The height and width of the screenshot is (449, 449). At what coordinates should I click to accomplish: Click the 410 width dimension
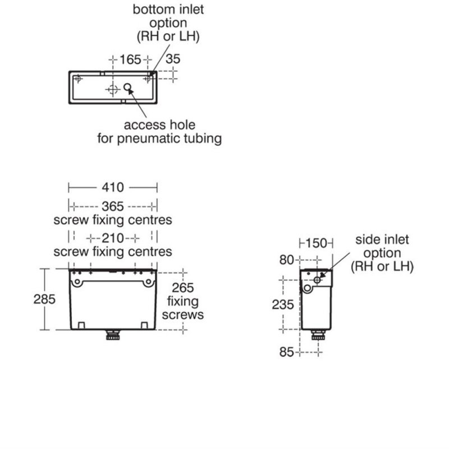(113, 187)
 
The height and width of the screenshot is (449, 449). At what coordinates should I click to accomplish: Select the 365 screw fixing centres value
(113, 207)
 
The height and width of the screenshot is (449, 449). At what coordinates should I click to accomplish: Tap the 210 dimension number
(113, 238)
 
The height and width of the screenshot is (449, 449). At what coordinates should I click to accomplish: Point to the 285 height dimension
(44, 300)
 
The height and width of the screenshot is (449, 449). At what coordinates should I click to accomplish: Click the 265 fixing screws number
(183, 288)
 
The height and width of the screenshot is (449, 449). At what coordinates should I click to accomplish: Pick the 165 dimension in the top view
(130, 59)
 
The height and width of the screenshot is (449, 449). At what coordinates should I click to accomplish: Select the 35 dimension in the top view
(173, 59)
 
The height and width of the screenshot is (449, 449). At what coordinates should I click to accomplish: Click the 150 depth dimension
(316, 244)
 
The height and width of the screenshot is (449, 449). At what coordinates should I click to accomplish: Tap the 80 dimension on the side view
(287, 260)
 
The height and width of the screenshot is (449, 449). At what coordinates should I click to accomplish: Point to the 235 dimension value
(283, 305)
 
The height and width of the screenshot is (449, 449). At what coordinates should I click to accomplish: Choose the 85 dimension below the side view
(287, 352)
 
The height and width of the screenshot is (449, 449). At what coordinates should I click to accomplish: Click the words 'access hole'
(159, 125)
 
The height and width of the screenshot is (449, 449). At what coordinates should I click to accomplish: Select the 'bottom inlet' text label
(168, 10)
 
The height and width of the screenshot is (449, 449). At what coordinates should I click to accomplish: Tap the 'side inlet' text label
(382, 240)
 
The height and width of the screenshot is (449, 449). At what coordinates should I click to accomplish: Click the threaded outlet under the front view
(113, 335)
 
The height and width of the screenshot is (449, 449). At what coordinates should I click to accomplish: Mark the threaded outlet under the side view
(318, 335)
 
